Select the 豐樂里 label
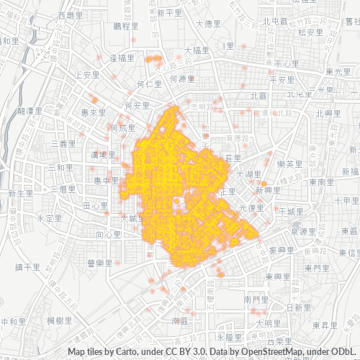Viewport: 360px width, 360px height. pos(99,264)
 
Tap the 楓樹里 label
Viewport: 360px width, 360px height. pos(59,320)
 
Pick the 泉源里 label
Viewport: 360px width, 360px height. pos(304,232)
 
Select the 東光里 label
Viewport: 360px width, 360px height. pos(337,72)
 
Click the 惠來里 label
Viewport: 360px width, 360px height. pos(94,113)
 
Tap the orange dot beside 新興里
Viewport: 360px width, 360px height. pos(264,184)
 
